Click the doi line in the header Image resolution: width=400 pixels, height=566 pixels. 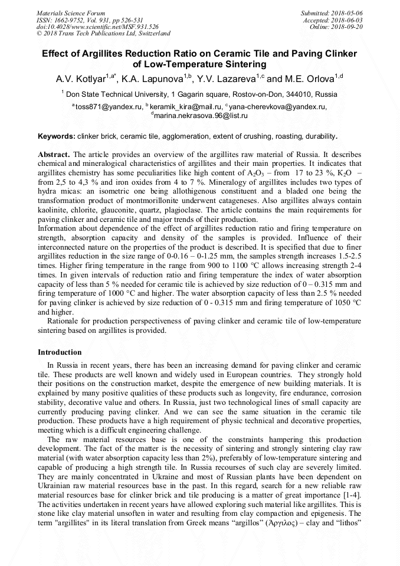pyautogui.click(x=97, y=27)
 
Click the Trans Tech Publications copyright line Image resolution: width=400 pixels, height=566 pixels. pyautogui.click(x=103, y=34)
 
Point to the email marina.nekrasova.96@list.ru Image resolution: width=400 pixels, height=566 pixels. pyautogui.click(x=199, y=116)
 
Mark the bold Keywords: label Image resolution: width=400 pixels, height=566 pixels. pyautogui.click(x=57, y=136)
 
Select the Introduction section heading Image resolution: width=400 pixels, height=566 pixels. pyautogui.click(x=60, y=352)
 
